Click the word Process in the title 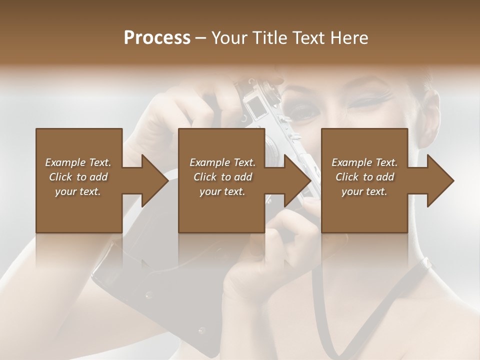point(157,38)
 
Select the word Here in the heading point(349,38)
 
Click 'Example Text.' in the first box point(78,162)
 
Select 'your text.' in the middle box point(222,191)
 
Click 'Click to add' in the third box point(365,177)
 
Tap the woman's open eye point(303,110)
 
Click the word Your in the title point(227,38)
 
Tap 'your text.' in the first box point(78,191)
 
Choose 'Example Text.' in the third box point(365,162)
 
